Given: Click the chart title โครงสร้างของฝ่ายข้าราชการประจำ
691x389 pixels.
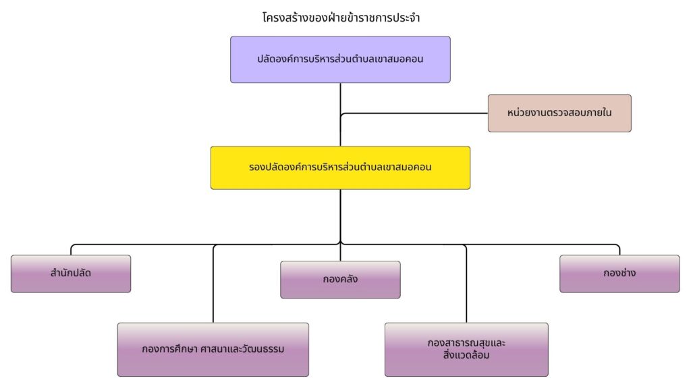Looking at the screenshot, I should click(x=340, y=18).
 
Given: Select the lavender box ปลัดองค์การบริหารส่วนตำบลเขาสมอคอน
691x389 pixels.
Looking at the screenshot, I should click(x=340, y=59).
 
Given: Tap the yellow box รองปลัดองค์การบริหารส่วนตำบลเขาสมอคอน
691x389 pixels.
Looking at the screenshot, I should click(x=340, y=167).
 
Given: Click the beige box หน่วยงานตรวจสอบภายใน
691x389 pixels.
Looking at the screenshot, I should click(x=559, y=113).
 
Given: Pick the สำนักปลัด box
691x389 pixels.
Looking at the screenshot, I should click(x=71, y=274).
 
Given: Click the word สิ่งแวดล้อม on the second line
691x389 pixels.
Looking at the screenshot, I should click(x=466, y=355).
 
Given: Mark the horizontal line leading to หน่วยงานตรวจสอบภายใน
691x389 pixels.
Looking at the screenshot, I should click(x=415, y=113).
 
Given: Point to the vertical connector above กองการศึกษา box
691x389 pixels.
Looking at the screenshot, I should click(x=213, y=284).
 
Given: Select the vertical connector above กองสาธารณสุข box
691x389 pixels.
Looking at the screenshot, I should click(x=466, y=284).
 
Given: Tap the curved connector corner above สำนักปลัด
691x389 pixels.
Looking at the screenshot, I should click(x=72, y=246).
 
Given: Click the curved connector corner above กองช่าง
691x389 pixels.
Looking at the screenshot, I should click(x=618, y=246).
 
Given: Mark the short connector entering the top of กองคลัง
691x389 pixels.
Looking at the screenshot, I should click(x=340, y=253).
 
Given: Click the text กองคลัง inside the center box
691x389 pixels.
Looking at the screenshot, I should click(x=340, y=279).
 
